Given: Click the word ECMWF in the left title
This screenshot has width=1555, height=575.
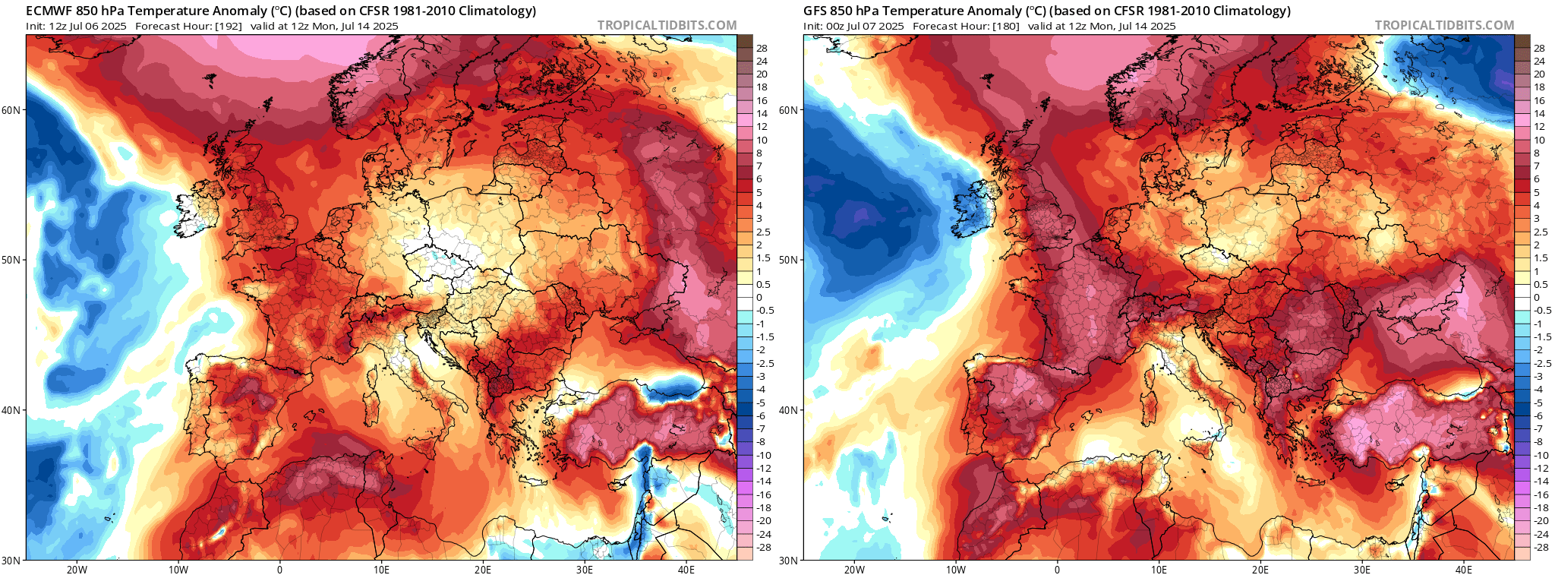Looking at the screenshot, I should click(x=49, y=11).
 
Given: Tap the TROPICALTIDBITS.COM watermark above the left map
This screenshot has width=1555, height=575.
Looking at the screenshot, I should click(x=667, y=25).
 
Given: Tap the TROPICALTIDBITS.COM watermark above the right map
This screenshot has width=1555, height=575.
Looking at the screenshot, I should click(x=1444, y=25).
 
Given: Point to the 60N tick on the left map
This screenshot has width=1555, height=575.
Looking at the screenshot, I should click(x=12, y=109).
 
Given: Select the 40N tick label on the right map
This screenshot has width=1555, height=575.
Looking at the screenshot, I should click(x=790, y=410).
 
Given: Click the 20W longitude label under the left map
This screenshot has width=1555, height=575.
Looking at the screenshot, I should click(x=77, y=570).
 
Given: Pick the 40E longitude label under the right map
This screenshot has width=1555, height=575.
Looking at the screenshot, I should click(x=1463, y=570).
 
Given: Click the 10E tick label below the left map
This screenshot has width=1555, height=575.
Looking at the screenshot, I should click(x=381, y=570).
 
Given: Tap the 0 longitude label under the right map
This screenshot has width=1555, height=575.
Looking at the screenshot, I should click(x=1057, y=570).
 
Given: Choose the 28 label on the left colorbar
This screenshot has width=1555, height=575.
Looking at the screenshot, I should click(x=762, y=48).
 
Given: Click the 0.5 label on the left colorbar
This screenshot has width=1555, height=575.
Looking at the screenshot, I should click(x=763, y=284).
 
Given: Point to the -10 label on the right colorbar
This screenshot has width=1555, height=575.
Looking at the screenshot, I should click(x=1541, y=455).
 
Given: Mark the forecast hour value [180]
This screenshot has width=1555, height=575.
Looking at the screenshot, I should click(x=1005, y=26).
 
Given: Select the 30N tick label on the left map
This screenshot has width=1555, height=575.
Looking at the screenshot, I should click(x=12, y=561).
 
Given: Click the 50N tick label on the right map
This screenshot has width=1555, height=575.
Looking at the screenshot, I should click(x=790, y=260).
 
